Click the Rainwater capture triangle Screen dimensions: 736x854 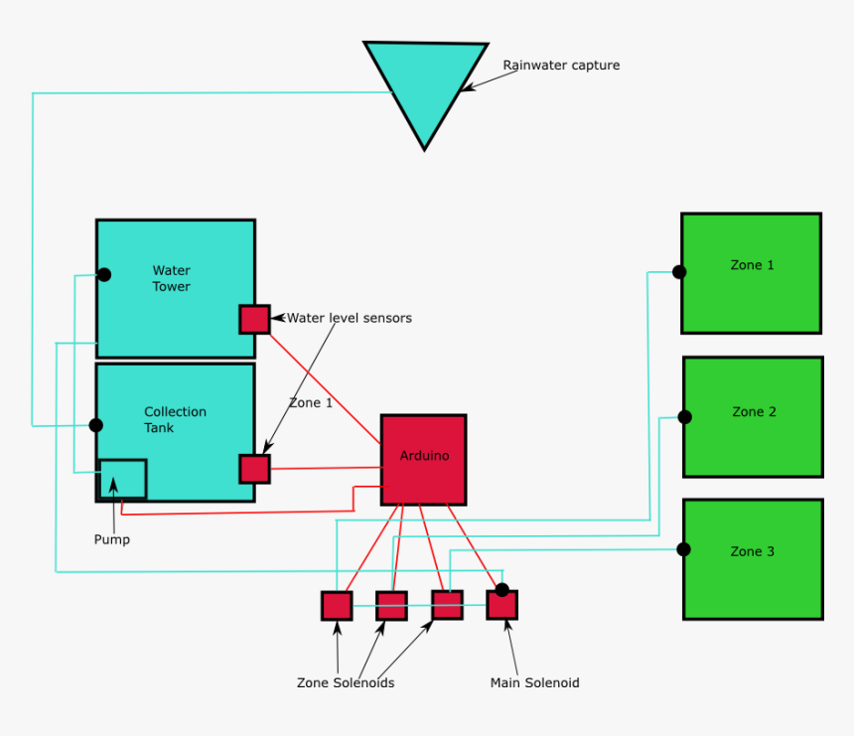coord(425,84)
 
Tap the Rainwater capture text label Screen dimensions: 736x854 coord(560,66)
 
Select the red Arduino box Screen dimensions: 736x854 coord(424,459)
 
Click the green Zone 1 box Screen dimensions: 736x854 coord(752,273)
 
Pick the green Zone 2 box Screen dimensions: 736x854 coord(754,417)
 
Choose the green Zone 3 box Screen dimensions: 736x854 coord(754,559)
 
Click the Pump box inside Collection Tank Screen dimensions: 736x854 coord(123,479)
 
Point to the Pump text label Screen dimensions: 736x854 coord(111,540)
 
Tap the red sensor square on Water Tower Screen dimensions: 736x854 coord(254,319)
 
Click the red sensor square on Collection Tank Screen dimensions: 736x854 coord(254,469)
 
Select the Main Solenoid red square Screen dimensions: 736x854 coord(502,605)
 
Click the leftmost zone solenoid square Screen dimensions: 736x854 coord(337,606)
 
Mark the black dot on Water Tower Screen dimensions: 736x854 coord(103,274)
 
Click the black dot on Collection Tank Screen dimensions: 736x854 coord(96,425)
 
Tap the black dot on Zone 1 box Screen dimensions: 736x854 coord(679,272)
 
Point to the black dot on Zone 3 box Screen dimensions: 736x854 coord(683,549)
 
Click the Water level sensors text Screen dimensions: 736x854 coord(349,319)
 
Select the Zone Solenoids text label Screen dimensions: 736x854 coord(346,683)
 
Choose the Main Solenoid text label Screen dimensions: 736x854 coord(534,683)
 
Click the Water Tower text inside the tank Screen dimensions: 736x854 coord(171,278)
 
